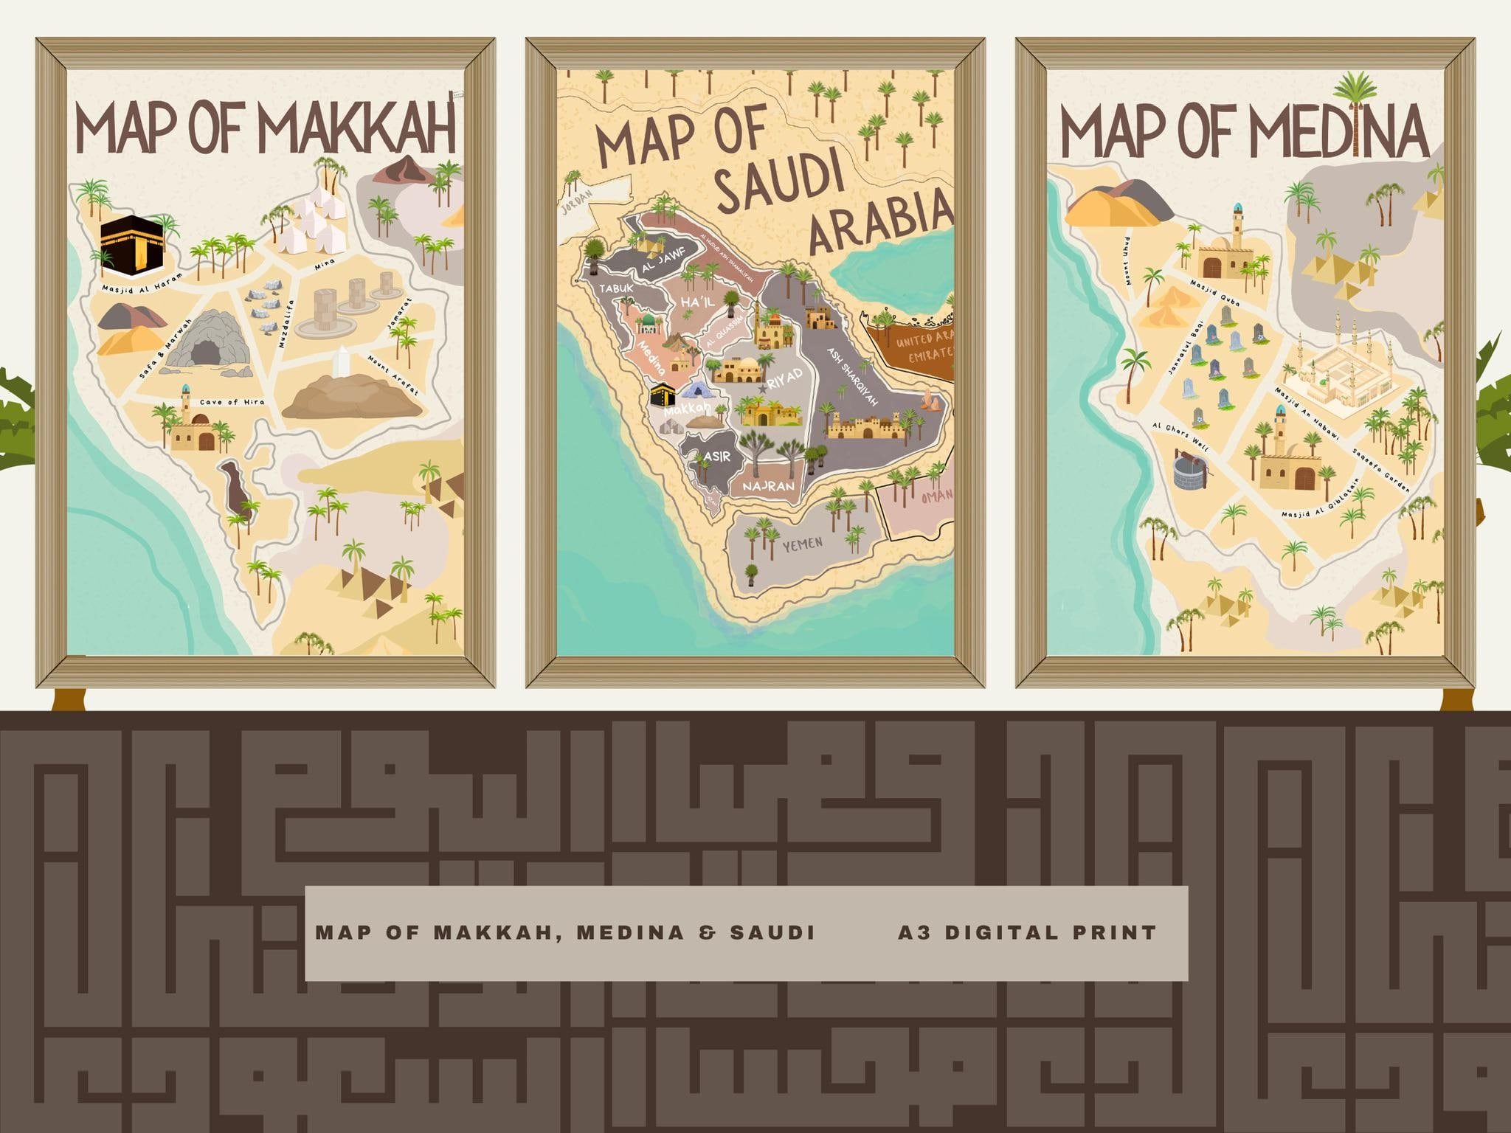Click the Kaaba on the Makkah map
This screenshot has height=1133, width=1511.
point(132,245)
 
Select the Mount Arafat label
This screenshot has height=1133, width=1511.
point(393,375)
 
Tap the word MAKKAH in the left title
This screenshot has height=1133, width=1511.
point(356,132)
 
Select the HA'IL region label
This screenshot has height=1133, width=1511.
point(698,303)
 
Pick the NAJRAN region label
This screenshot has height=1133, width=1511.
point(769,487)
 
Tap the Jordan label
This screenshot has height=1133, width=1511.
point(577,207)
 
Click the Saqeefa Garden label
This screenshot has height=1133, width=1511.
point(1380,471)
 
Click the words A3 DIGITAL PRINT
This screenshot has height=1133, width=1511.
point(1026,933)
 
